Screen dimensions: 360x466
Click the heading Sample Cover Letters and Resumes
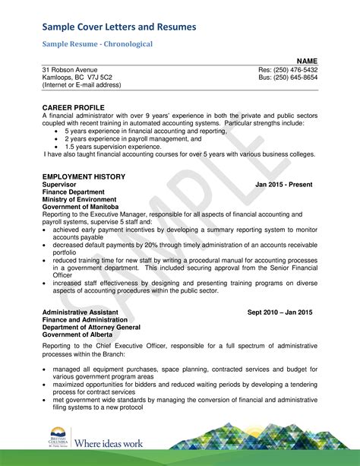point(119,27)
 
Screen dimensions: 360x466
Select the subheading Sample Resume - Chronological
point(97,44)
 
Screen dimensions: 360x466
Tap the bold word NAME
point(307,61)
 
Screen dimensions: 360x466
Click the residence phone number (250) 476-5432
point(298,70)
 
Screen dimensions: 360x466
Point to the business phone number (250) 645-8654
point(298,78)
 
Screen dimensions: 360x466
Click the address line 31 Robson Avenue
point(69,70)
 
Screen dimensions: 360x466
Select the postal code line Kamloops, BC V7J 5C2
point(77,78)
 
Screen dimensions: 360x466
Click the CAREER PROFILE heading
point(73,108)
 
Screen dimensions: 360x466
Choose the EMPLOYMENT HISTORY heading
point(84,176)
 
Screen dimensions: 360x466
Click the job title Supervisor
point(59,185)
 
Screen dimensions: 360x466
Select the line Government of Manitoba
point(81,207)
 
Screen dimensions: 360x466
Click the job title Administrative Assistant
point(80,312)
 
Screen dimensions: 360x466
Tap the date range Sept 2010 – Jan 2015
point(279,312)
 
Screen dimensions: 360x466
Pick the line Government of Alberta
point(77,334)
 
